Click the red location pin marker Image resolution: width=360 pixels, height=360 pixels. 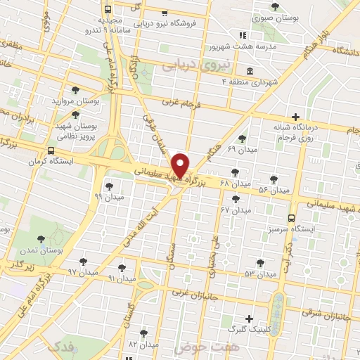pos(181,165)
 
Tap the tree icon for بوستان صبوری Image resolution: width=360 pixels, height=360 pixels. pos(275,6)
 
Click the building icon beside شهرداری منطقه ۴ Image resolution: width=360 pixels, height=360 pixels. pos(250,72)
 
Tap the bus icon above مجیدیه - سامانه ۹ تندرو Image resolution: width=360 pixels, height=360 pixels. pos(108,10)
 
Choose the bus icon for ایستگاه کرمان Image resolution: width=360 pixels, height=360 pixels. pos(51,150)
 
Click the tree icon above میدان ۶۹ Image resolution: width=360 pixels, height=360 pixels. pos(243,139)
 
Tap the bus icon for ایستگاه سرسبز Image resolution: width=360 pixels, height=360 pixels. pos(291,217)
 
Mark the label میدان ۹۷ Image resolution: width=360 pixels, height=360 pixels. pos(82,271)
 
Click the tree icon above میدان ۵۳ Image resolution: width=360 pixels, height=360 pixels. pos(260,263)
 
